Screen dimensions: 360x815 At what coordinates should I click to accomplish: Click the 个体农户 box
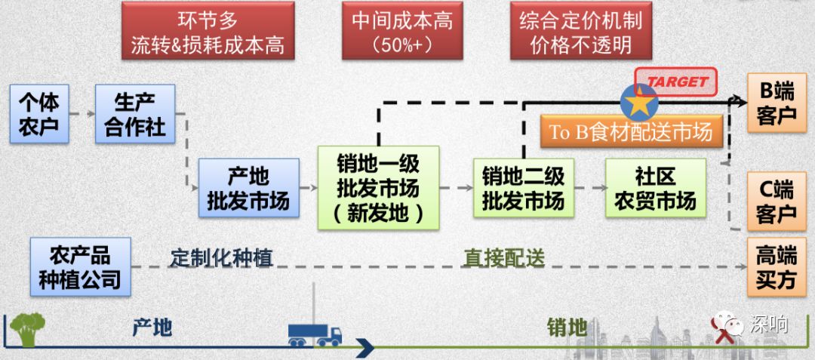[x=38, y=114]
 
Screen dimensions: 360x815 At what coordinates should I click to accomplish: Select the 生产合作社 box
[x=135, y=114]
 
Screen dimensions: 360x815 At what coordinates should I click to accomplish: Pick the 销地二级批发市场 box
[x=523, y=189]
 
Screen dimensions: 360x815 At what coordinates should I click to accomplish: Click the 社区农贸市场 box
[x=655, y=189]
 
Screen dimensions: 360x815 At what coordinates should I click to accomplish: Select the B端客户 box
[x=776, y=103]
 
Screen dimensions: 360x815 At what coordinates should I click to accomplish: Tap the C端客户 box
[x=776, y=200]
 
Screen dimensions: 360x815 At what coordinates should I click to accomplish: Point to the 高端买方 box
[x=776, y=267]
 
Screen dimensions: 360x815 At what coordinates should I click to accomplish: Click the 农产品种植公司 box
[x=80, y=266]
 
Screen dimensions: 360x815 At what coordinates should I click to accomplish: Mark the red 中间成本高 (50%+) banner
[x=402, y=32]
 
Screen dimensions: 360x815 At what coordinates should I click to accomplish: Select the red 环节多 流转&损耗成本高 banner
[x=208, y=32]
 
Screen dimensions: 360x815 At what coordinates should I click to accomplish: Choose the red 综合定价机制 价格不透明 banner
[x=580, y=32]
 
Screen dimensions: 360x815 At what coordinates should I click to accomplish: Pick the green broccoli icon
[x=27, y=329]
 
